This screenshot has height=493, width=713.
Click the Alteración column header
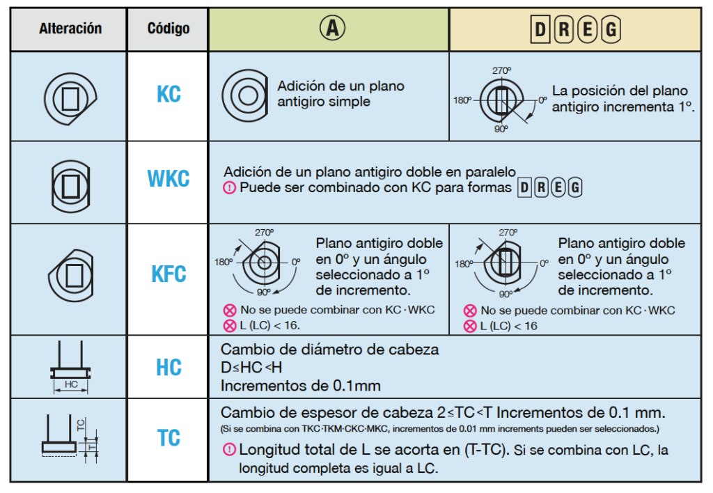(70, 29)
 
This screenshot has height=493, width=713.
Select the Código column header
(169, 29)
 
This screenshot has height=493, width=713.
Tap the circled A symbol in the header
(332, 28)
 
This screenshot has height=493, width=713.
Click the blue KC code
(169, 95)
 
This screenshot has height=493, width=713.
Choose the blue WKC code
(169, 178)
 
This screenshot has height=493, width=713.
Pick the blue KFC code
(169, 274)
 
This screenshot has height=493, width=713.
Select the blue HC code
(169, 368)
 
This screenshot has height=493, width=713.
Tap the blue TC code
(169, 438)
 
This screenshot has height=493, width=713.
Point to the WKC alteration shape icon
(70, 186)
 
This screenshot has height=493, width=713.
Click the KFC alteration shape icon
(71, 275)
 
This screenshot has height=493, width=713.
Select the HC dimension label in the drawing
(71, 384)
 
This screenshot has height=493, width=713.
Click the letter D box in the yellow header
(540, 29)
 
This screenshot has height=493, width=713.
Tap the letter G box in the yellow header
(611, 29)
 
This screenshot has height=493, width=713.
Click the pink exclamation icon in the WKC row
(229, 187)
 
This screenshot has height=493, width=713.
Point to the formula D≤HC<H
(251, 367)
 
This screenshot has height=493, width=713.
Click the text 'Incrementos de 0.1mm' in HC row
(301, 386)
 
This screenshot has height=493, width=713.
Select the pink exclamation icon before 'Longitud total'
(229, 450)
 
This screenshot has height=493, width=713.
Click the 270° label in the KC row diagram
(501, 70)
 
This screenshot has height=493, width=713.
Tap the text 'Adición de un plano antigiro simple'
(340, 94)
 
